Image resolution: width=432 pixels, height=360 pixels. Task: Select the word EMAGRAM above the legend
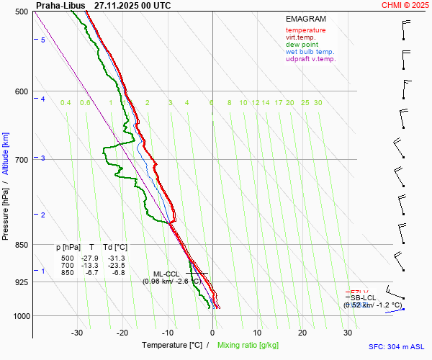pos(305,19)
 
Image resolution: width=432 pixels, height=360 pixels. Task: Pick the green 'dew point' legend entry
pos(302,45)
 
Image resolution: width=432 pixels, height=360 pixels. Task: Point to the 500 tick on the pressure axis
pos(21,12)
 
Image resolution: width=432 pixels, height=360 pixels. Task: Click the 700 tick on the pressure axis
pos(21,159)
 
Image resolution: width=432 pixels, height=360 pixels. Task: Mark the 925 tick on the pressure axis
pos(21,282)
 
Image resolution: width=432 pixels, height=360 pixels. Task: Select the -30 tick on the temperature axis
pos(77,333)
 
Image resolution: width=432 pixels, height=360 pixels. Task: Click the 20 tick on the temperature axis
pos(302,333)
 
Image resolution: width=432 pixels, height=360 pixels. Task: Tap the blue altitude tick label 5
pos(43,40)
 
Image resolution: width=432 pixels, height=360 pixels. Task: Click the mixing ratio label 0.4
pos(66,103)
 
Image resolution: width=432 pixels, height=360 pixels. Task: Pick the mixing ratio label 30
pos(318,103)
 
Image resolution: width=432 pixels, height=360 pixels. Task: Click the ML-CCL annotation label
pos(166,274)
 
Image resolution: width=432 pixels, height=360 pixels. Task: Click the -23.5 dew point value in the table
pos(117,266)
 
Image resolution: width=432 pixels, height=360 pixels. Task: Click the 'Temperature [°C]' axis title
pos(172,346)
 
